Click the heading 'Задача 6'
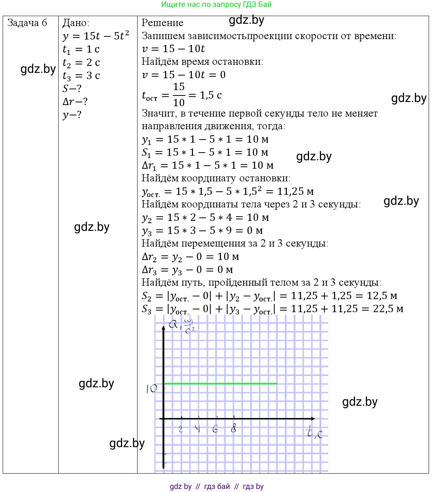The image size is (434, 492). pos(27,23)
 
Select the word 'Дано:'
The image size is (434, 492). pos(76,23)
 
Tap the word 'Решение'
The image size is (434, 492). pos(162,23)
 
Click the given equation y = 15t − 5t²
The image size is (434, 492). pos(96,36)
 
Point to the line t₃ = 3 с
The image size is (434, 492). pos(81,76)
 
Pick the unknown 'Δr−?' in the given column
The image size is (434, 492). pos(75,102)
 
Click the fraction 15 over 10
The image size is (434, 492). pos(179,95)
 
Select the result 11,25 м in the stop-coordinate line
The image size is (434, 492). pos(295,191)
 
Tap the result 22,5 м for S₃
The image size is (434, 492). pos(388,309)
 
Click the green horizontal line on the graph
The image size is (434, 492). pos(220,383)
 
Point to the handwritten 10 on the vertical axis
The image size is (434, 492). pos(152,389)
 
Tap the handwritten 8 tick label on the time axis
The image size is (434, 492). pos(233,429)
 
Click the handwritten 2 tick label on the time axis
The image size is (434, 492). pos(180,429)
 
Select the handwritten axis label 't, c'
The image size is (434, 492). pos(314,433)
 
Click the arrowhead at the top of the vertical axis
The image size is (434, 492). pos(164,327)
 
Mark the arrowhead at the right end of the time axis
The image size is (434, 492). pos(313,418)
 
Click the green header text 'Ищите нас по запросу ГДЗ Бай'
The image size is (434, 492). pos(216,5)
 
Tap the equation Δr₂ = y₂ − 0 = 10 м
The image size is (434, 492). pos(190,257)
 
